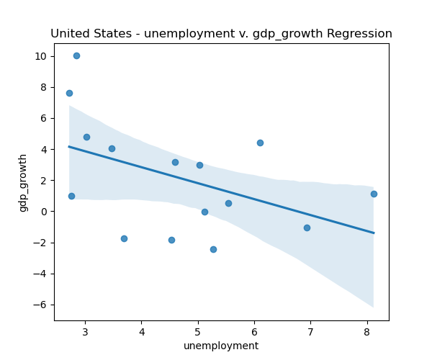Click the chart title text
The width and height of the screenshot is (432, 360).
(221, 34)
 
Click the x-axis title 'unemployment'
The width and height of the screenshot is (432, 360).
(221, 346)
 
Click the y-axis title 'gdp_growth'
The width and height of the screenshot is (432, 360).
(23, 182)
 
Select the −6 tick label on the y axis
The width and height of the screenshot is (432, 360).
(41, 305)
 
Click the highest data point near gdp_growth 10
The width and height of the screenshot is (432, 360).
(76, 55)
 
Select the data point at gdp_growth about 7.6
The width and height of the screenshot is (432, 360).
(69, 93)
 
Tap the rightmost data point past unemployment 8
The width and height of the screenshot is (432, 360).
(374, 194)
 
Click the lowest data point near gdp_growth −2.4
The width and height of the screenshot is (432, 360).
(213, 249)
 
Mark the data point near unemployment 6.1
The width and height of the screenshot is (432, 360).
(260, 143)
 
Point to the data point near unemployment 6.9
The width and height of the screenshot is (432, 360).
(307, 228)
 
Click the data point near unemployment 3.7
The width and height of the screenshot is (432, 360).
(124, 238)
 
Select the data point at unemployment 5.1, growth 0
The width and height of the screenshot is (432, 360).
(204, 212)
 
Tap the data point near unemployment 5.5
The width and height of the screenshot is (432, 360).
(228, 203)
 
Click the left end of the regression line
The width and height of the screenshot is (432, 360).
(69, 147)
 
